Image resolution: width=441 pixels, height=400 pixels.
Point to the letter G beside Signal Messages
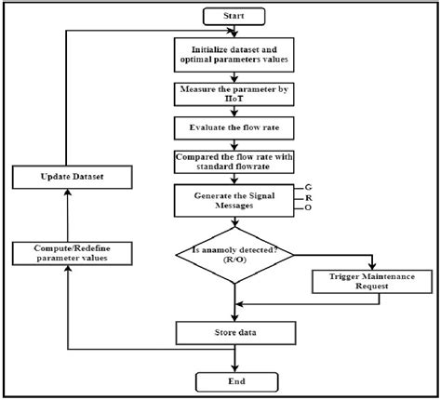[x=296, y=189]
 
